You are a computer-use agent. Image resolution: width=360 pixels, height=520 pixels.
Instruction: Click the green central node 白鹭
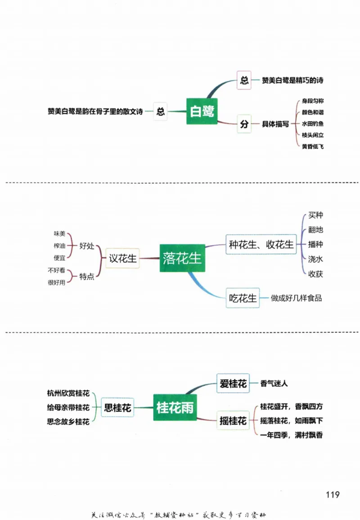202,111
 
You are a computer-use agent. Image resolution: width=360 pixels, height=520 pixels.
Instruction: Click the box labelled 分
244,124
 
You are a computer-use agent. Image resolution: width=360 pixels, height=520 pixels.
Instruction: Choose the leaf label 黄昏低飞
312,146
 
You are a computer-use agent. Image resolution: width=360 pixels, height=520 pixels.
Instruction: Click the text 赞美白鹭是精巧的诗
292,81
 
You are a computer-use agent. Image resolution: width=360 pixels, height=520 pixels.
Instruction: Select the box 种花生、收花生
261,245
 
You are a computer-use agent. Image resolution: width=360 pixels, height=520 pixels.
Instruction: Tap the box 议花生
122,259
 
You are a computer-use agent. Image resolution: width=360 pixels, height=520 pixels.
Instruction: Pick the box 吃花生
243,298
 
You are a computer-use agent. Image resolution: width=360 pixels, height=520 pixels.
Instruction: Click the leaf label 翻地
315,230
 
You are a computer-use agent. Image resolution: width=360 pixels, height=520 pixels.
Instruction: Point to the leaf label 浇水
315,259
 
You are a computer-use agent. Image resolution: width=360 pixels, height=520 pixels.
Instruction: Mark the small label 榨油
59,246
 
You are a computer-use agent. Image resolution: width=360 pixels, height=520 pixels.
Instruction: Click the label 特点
87,277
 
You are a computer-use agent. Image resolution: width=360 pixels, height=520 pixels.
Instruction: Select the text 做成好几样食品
296,298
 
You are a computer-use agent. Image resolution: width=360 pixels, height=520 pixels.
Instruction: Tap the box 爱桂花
233,384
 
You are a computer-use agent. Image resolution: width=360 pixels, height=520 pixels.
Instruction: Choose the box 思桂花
117,408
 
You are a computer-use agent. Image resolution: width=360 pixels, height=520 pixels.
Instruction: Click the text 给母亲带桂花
68,408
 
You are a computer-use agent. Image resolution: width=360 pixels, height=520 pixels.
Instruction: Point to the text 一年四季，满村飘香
291,435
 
